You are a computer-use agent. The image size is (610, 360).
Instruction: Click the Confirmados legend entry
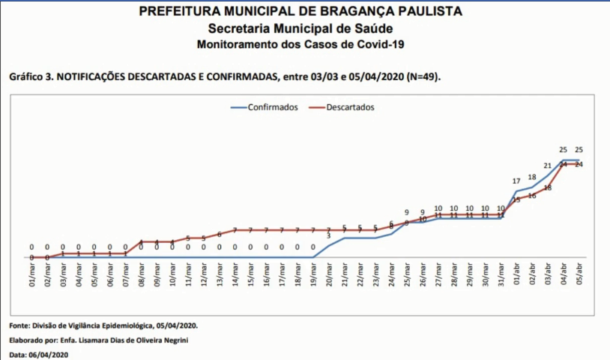coord(273,107)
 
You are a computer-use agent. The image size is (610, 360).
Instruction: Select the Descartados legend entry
coord(350,107)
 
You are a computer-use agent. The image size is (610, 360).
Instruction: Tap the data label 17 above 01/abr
coord(516,181)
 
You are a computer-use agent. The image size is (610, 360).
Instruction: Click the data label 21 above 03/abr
coord(548,166)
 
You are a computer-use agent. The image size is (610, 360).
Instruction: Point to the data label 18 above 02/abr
coord(532,178)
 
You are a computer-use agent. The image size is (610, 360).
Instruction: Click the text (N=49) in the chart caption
coord(424,77)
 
